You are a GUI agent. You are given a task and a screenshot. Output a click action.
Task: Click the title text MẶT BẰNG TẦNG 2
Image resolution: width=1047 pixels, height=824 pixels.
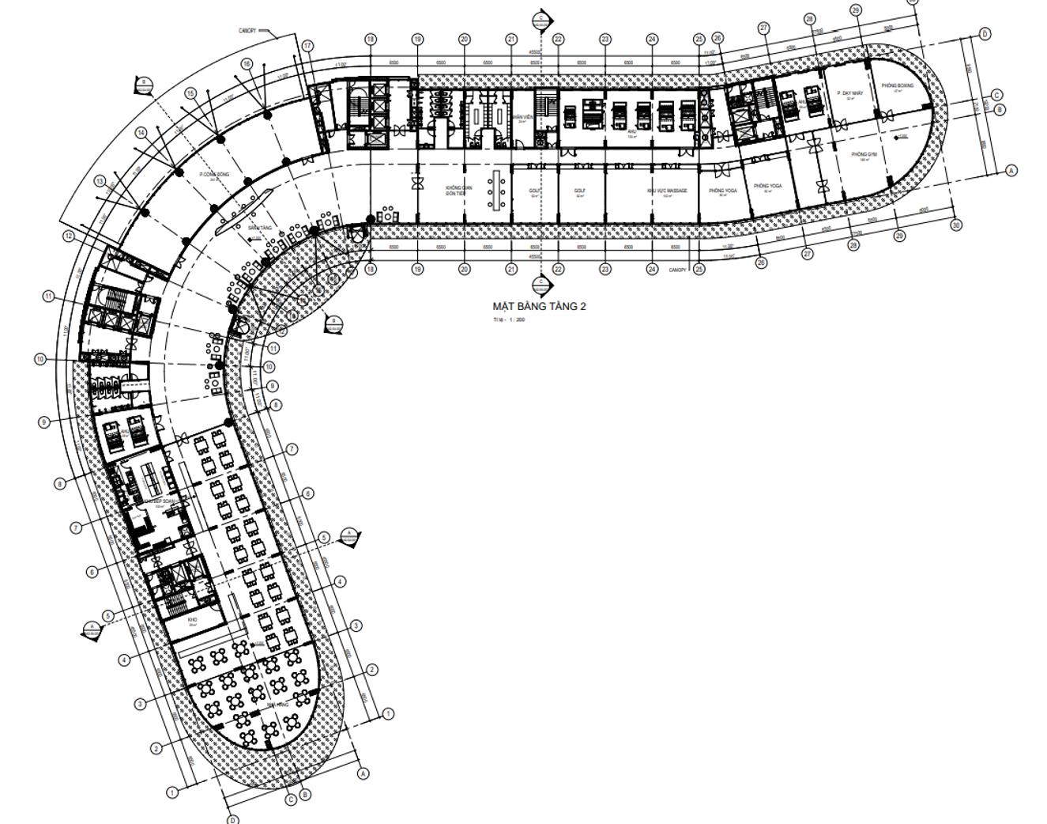point(539,306)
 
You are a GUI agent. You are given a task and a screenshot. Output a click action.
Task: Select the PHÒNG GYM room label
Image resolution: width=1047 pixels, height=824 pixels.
point(864,155)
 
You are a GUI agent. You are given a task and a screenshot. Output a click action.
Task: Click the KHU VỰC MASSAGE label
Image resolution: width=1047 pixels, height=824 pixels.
point(666,191)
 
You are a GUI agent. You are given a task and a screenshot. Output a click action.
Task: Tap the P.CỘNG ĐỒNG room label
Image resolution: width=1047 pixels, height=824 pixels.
point(213,174)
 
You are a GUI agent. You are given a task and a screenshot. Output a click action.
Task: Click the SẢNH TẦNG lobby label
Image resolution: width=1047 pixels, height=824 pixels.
point(259,228)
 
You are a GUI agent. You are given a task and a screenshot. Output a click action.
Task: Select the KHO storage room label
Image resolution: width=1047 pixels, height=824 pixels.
point(191,621)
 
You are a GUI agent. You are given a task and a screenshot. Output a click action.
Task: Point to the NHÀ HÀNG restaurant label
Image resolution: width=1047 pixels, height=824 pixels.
point(277,704)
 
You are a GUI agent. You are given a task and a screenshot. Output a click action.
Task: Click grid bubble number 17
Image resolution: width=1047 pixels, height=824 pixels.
point(307,46)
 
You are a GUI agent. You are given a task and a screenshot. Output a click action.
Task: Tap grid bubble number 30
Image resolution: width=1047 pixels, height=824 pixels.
point(956,225)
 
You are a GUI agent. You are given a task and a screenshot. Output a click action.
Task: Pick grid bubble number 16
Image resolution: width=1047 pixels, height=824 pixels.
point(247,64)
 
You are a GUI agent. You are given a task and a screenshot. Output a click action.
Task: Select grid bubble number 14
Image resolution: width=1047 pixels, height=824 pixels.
point(141,133)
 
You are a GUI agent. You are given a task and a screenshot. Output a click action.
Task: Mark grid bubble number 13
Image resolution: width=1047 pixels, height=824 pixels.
point(100,181)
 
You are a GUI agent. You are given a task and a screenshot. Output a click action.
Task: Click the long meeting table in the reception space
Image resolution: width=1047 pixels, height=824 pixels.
point(498,189)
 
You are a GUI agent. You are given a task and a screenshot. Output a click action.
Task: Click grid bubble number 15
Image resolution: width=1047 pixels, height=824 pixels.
point(190,93)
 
